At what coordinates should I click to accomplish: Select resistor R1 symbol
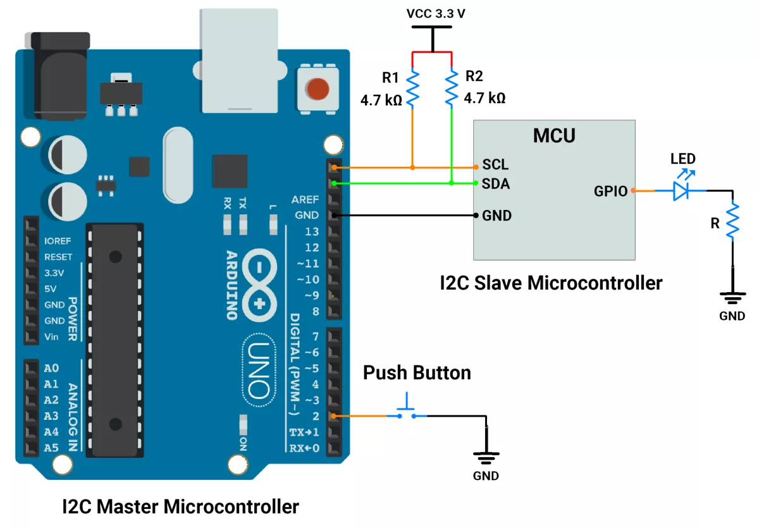point(412,88)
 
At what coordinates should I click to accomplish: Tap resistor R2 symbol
point(451,88)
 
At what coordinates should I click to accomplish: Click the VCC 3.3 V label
point(436,14)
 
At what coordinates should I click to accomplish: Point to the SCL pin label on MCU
point(495,165)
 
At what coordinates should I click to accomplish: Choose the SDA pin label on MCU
point(496,184)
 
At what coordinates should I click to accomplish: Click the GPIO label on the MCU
point(610,190)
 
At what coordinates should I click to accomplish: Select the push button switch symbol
point(407,411)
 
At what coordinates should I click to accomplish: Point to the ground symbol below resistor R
point(732,296)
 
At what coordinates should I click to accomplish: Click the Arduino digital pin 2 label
point(316,416)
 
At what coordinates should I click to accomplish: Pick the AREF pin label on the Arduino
point(305,200)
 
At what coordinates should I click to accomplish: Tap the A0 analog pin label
point(51,368)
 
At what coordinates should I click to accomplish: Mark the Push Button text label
point(417,373)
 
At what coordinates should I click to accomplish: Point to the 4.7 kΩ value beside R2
point(484,99)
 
